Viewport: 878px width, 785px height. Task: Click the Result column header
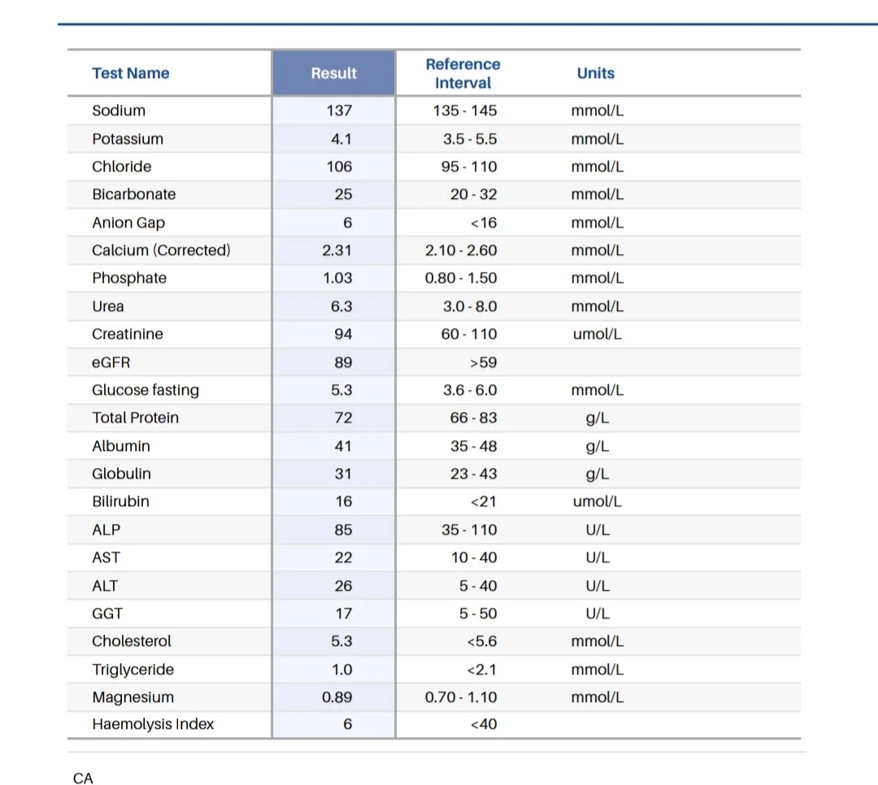tap(334, 73)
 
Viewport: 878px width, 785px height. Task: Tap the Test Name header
tap(130, 73)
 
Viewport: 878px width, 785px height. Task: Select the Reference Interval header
tap(463, 73)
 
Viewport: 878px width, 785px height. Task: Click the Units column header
tap(596, 73)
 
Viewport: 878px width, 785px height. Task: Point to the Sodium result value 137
tap(339, 111)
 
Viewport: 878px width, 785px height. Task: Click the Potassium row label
tap(128, 139)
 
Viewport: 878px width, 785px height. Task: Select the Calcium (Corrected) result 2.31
tap(337, 250)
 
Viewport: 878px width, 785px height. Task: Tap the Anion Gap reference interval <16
tap(484, 223)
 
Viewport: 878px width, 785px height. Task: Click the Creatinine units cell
tap(597, 334)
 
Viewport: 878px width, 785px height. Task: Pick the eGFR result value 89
tap(343, 362)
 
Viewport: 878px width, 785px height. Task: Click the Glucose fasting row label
tap(146, 390)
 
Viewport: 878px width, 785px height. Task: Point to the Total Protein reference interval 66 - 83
tap(474, 418)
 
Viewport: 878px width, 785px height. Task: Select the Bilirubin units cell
tap(597, 501)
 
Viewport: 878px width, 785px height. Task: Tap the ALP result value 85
tap(343, 530)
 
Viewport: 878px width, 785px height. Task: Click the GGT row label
tap(107, 614)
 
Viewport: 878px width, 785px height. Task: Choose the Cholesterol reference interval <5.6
tap(482, 641)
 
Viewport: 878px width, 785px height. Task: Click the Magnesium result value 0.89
tap(337, 697)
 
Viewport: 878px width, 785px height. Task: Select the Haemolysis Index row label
tap(153, 724)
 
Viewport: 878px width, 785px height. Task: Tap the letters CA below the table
tap(83, 778)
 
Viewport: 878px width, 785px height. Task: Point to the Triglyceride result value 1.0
tap(341, 670)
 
